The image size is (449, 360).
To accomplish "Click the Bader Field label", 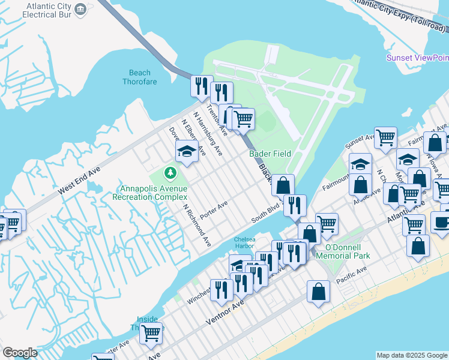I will pos(270,154).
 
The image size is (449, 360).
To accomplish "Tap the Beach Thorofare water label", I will pos(137,77).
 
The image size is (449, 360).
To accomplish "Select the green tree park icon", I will pos(171,173).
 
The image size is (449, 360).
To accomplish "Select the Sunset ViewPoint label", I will pos(418,58).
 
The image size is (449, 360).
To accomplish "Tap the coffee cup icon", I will pos(442,223).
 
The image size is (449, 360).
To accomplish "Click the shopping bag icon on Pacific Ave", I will pos(319,292).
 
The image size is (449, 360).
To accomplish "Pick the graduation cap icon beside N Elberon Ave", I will pos(187,152).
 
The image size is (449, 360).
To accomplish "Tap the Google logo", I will pos(20,353).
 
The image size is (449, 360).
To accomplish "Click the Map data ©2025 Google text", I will pos(411,355).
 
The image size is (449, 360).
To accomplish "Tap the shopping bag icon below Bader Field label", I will pos(283,184).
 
